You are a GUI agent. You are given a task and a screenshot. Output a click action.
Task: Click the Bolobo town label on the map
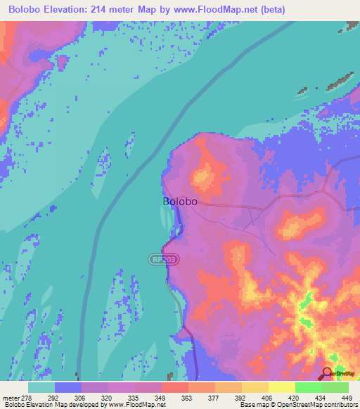click(179, 201)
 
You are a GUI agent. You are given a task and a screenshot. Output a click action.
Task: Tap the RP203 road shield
click(164, 259)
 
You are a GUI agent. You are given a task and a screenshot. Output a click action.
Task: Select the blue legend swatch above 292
click(68, 387)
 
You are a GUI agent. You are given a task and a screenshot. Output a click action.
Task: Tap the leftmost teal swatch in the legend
click(41, 387)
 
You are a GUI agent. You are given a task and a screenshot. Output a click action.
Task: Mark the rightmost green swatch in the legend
click(335, 387)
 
